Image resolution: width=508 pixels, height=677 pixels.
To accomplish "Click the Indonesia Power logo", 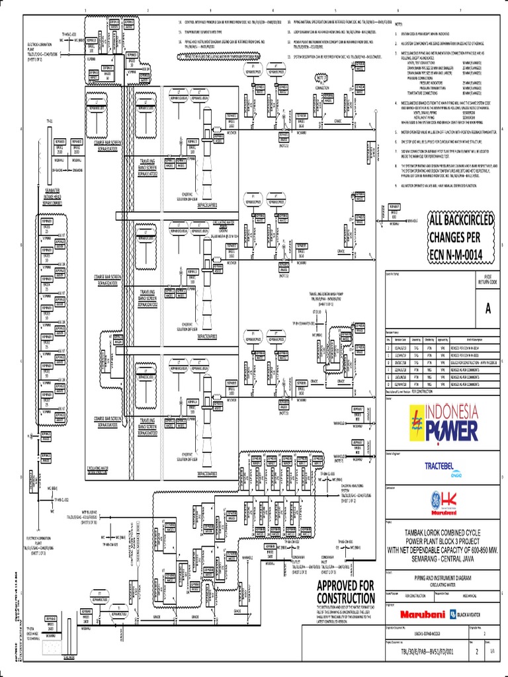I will click(444, 424).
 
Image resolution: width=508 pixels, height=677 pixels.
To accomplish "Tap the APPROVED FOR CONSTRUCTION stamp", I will click(345, 593).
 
